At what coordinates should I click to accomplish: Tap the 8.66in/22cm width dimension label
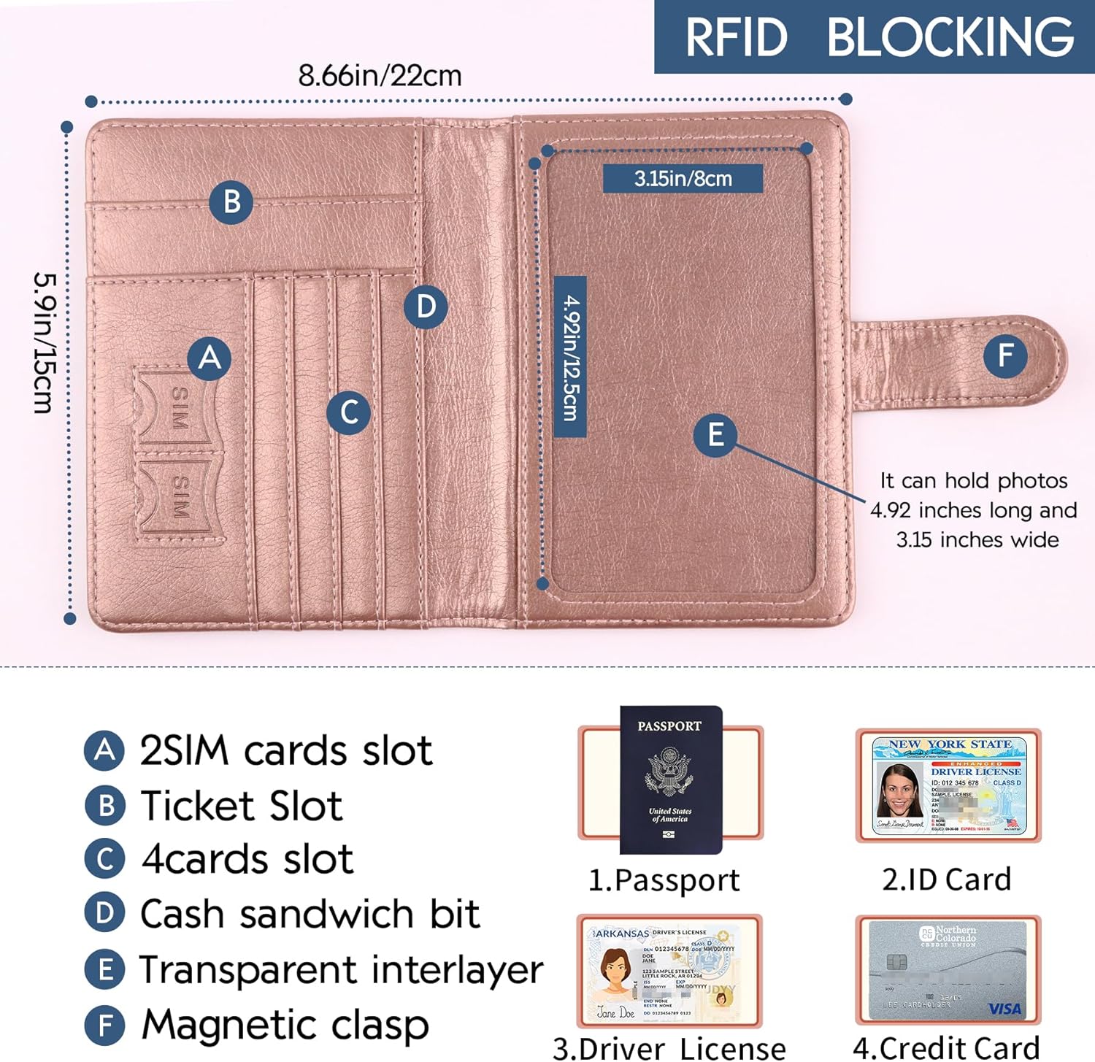click(380, 76)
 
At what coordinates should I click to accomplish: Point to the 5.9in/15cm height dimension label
click(44, 343)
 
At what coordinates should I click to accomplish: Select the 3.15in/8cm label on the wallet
click(683, 179)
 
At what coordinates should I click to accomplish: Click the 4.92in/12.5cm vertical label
click(570, 357)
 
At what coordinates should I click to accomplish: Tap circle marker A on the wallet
click(210, 358)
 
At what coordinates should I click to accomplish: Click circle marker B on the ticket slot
click(231, 201)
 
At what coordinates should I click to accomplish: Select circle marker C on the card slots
click(348, 412)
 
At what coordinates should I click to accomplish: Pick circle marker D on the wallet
click(426, 307)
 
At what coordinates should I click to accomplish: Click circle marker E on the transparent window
click(715, 435)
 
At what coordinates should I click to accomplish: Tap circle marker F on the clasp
click(1005, 356)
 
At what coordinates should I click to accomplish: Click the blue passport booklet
click(670, 780)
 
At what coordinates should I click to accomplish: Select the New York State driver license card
click(948, 786)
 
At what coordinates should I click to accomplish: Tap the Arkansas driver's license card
click(669, 971)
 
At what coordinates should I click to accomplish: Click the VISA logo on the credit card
click(1004, 1009)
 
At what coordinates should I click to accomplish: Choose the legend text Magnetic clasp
click(285, 1025)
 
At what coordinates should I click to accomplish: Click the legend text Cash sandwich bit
click(310, 914)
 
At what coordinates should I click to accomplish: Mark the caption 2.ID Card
click(947, 880)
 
